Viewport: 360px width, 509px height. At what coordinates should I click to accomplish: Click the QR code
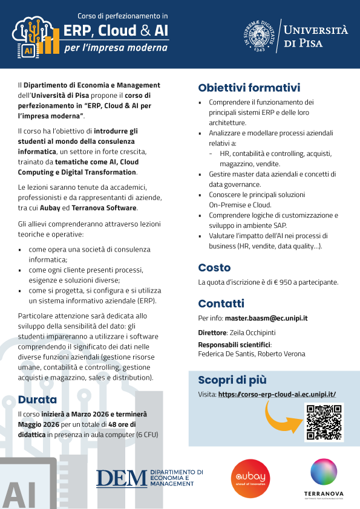pyautogui.click(x=324, y=422)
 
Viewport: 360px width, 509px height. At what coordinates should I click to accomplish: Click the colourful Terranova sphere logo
pyautogui.click(x=324, y=473)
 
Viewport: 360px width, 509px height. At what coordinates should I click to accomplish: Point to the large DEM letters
pyautogui.click(x=121, y=478)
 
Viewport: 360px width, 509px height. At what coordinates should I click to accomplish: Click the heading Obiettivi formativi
pyautogui.click(x=249, y=88)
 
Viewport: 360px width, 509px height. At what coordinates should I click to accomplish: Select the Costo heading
pyautogui.click(x=214, y=267)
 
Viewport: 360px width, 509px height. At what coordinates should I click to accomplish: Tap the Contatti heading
pyautogui.click(x=221, y=303)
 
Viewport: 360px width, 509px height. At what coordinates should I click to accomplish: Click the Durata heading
pyautogui.click(x=38, y=399)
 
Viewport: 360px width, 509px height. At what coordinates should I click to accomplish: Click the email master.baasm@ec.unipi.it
pyautogui.click(x=266, y=318)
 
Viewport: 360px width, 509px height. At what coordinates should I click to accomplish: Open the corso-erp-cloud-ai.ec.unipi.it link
pyautogui.click(x=277, y=394)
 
